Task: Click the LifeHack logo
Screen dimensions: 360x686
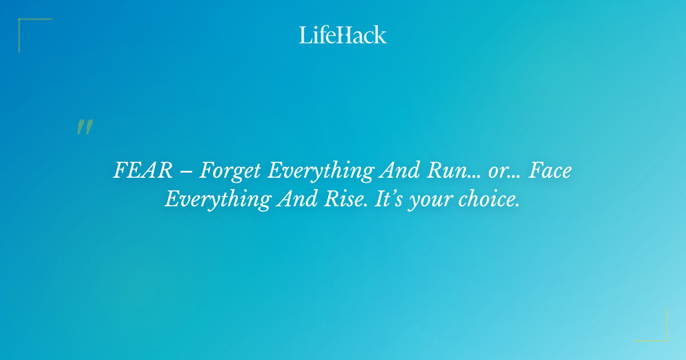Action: click(343, 35)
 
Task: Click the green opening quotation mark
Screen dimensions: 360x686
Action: click(85, 127)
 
